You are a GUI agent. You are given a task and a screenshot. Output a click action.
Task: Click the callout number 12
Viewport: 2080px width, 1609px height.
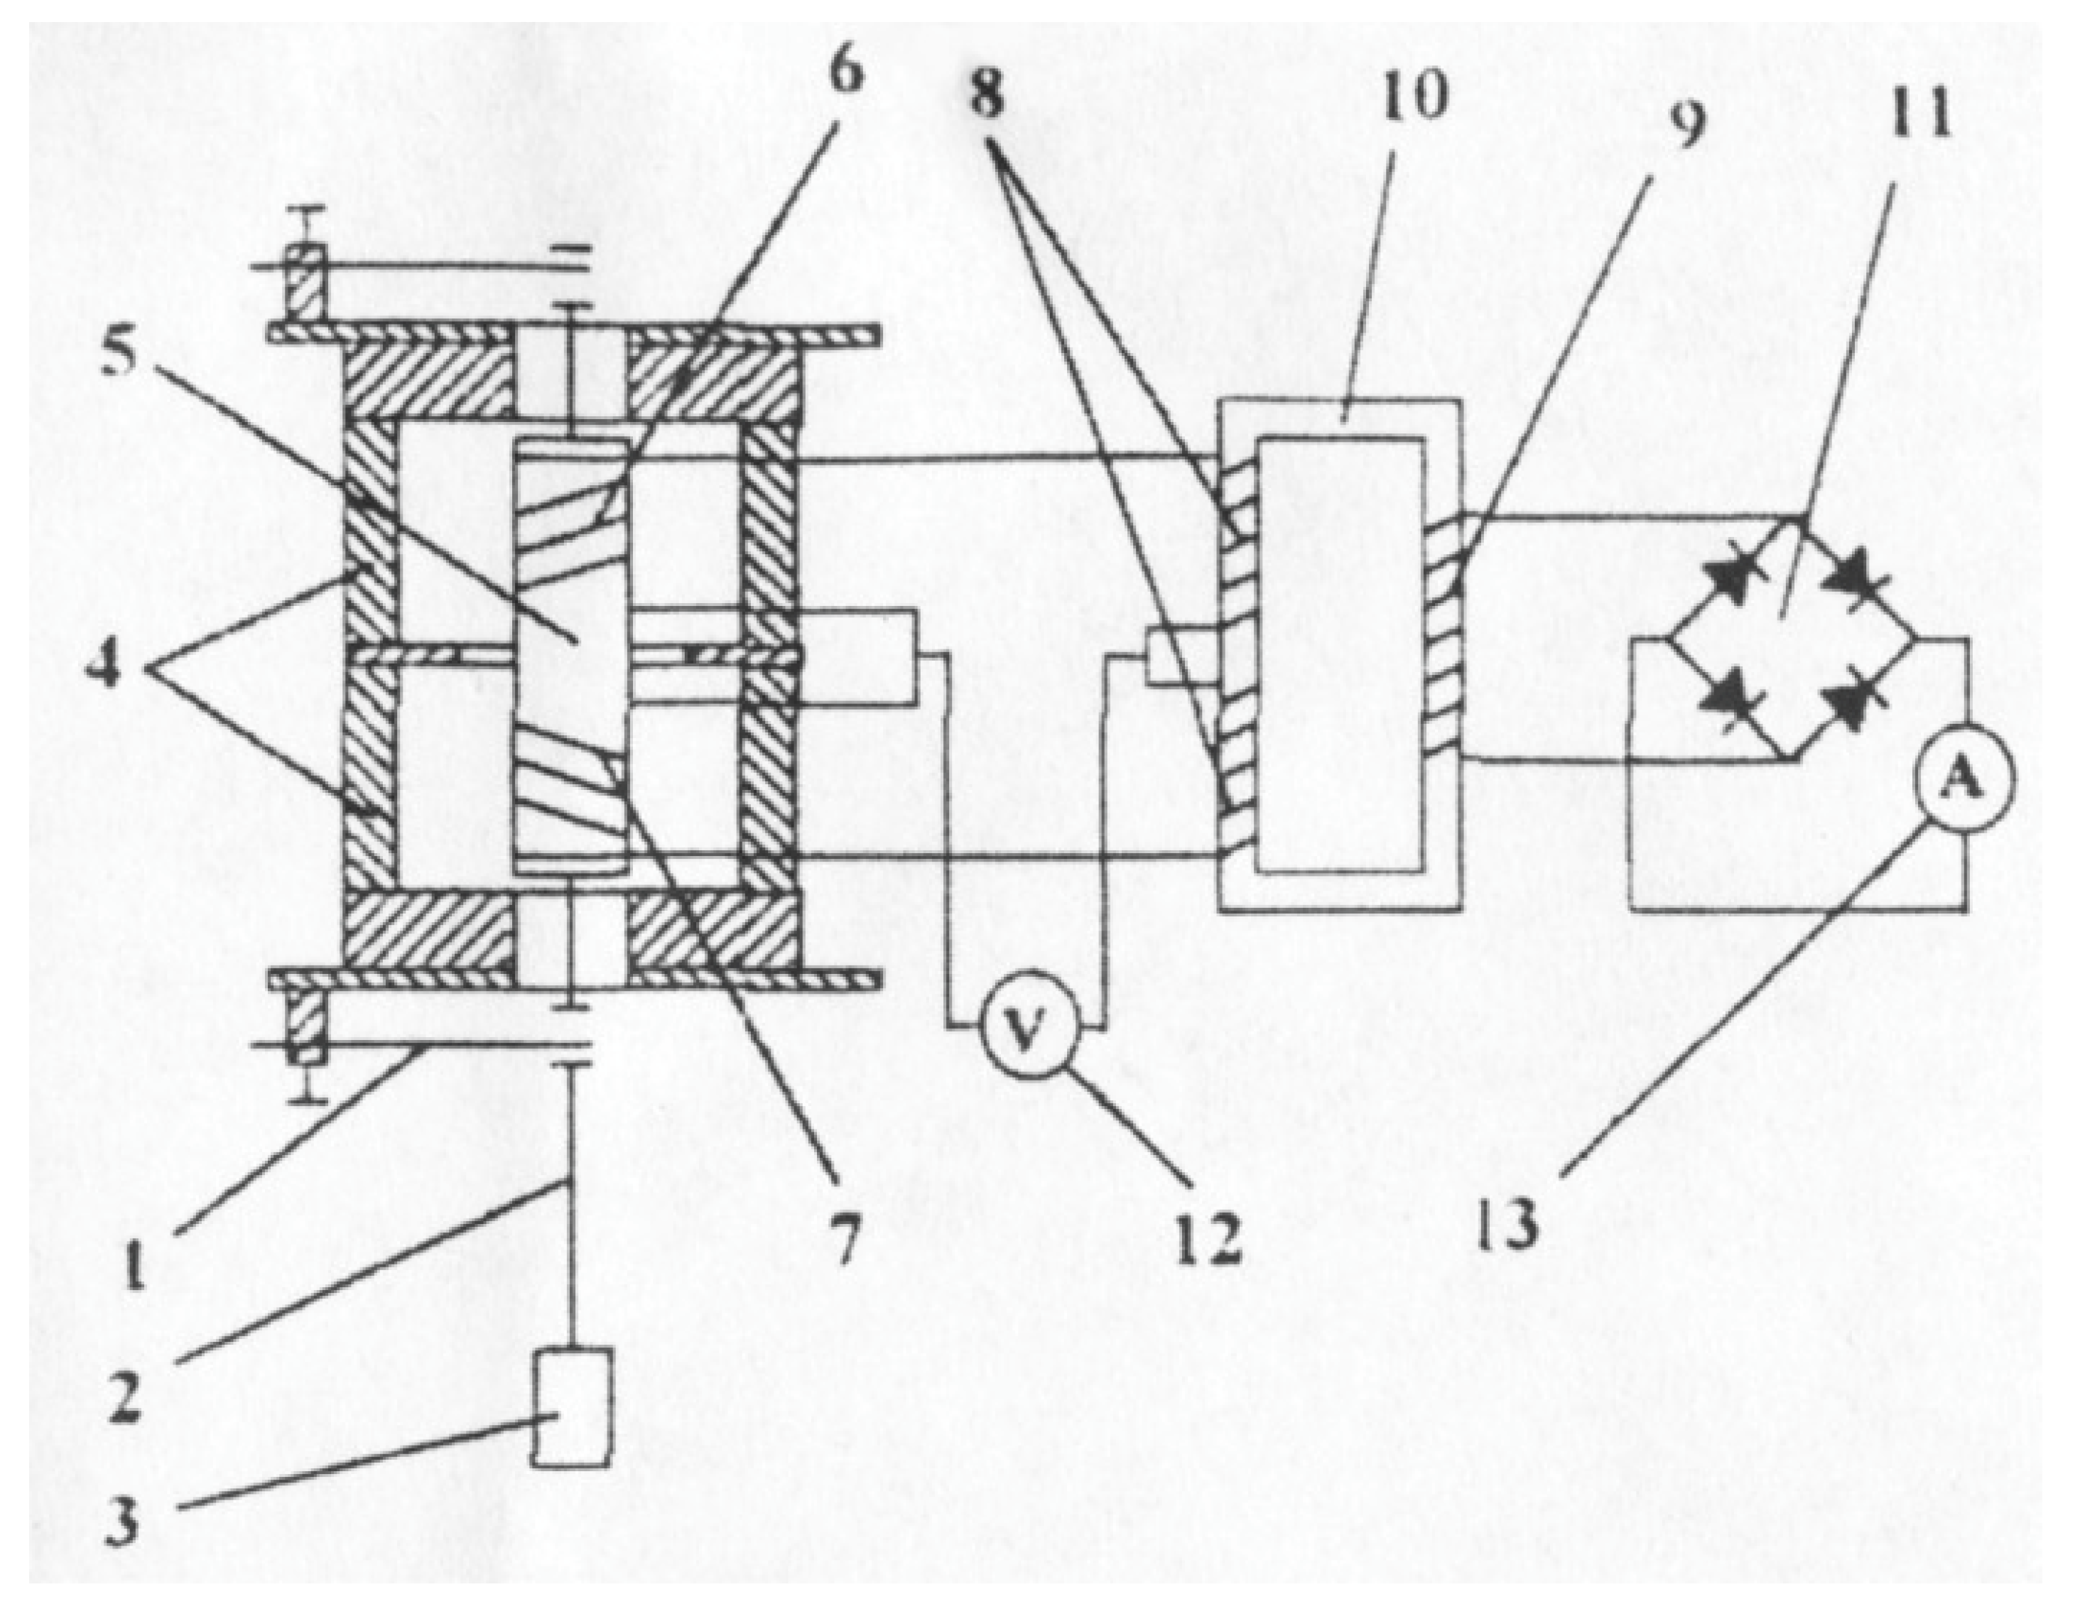click(1208, 1238)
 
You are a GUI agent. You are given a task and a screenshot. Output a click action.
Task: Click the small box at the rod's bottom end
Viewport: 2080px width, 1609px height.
click(571, 1406)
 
